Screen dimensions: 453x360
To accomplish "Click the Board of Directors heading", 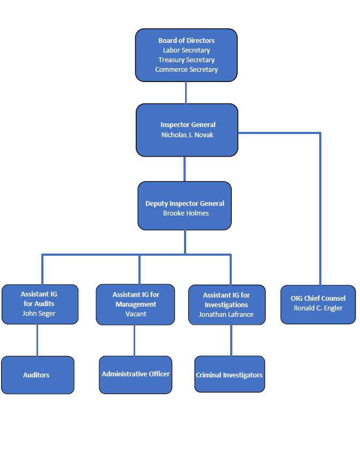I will coord(186,41).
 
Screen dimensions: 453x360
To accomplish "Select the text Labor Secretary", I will coord(186,50).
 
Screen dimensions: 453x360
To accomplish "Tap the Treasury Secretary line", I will coord(186,60).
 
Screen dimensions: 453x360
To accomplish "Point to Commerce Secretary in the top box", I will coord(186,70).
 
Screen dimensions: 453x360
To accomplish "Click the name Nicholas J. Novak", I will coord(187,135).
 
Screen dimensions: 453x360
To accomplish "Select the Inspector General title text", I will coord(187,125).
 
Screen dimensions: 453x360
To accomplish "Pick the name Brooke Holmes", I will coord(186,213).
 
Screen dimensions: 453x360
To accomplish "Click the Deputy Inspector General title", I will coord(185,204).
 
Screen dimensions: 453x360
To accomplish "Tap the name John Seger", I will coord(39,314).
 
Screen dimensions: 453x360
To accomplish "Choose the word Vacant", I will coord(136,314).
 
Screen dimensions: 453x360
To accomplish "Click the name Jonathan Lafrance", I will coord(226,315).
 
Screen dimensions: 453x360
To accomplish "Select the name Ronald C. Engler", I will coord(318,308).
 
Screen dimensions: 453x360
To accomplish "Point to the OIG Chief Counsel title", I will coord(318,299).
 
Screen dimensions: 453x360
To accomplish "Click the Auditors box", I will coord(37,375).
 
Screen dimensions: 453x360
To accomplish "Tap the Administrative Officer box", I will coord(136,374).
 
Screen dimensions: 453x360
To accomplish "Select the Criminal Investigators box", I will coord(229,375).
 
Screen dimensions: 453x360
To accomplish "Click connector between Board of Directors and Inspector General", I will coord(186,93).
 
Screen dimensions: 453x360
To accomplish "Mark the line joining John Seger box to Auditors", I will coord(37,340).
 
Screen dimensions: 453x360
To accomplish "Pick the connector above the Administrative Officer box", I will coord(135,340).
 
